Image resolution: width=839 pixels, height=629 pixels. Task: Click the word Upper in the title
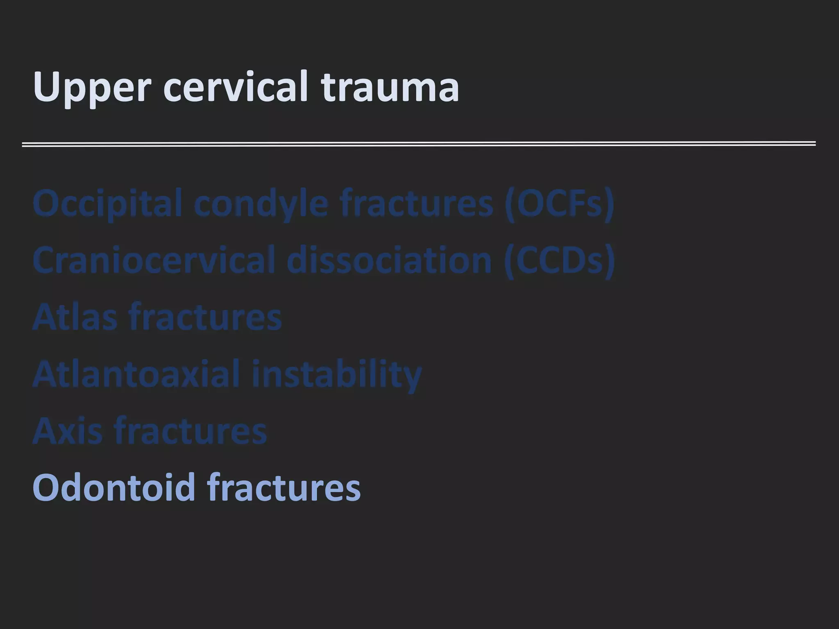point(92,87)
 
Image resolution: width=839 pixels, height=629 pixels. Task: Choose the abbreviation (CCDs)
point(560,260)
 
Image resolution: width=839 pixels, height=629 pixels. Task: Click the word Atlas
point(75,317)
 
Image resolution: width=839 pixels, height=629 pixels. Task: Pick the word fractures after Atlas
point(205,317)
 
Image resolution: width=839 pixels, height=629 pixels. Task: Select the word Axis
point(67,431)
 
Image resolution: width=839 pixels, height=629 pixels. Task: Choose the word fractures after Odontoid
point(283,487)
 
